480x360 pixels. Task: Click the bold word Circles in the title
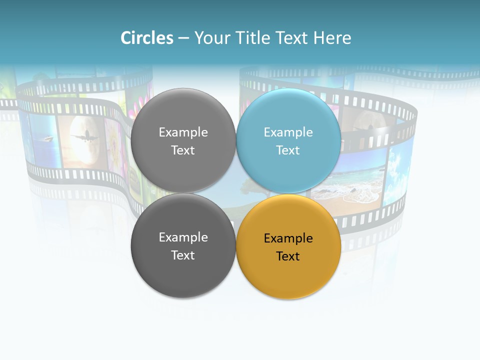click(147, 38)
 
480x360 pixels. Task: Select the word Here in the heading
click(332, 38)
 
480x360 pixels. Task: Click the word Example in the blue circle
click(288, 132)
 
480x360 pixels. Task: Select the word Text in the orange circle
click(288, 256)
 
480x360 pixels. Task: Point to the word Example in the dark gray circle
click(183, 237)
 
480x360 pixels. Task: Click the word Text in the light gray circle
click(183, 150)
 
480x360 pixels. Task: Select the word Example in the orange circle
click(288, 238)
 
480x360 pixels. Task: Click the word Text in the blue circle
click(288, 150)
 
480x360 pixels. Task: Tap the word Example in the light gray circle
click(183, 132)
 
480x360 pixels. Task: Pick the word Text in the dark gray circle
click(183, 255)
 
